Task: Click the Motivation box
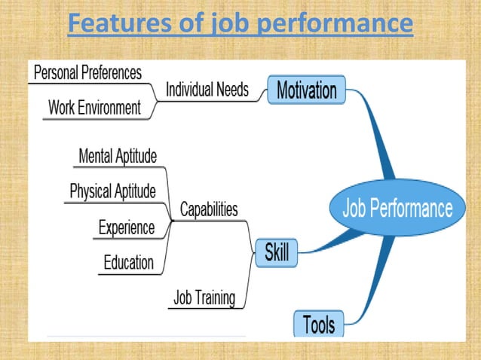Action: [306, 90]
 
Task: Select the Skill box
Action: [277, 253]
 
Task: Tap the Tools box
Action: [319, 325]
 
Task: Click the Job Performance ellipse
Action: [397, 208]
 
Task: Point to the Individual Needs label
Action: [207, 90]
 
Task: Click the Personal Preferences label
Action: [87, 73]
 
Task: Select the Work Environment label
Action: [94, 108]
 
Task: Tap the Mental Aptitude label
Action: [118, 157]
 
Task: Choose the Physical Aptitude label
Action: [112, 191]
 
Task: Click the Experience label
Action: [127, 227]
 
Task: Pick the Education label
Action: [128, 263]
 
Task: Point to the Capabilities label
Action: [209, 209]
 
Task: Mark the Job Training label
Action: [204, 297]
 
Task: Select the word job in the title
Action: [228, 23]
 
